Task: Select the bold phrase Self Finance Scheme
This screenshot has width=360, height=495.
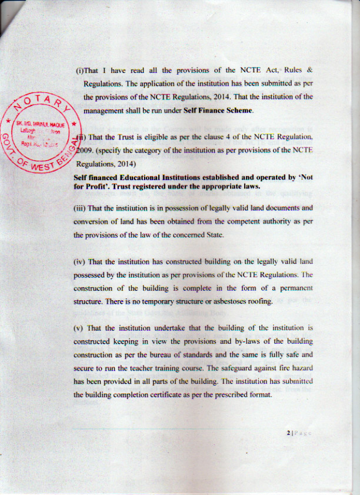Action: [x=218, y=110]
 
